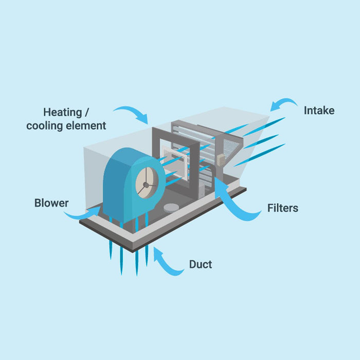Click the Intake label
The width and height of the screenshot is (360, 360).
point(319,111)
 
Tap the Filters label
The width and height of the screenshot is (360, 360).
point(283,208)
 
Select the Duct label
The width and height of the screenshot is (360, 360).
point(201,264)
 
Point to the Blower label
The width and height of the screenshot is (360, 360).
point(51,203)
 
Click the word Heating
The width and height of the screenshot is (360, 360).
point(63,113)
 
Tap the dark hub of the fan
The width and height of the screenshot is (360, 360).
point(146,185)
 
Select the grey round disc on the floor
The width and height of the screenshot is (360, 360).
point(171,208)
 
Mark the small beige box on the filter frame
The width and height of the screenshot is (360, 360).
point(221,160)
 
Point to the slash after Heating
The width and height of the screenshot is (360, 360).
point(86,113)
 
